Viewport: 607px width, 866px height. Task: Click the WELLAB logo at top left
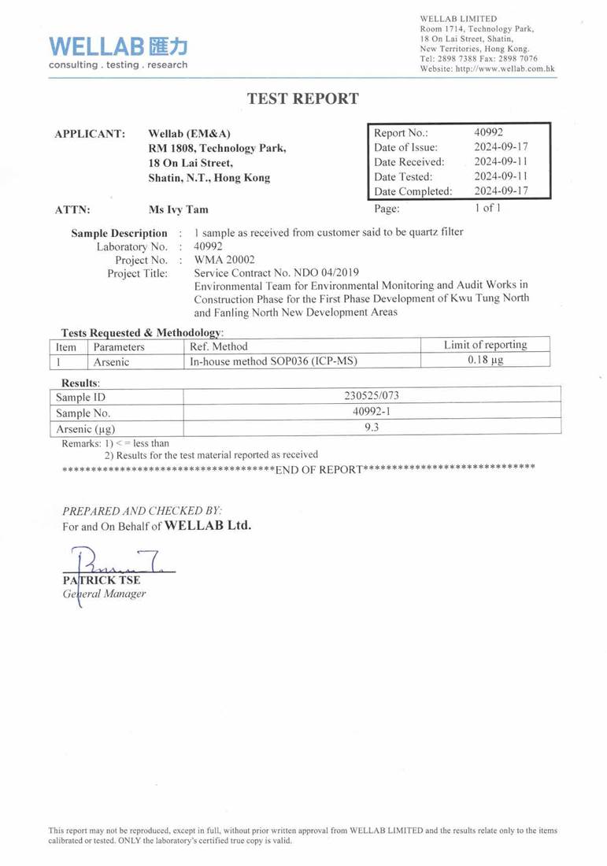pyautogui.click(x=118, y=51)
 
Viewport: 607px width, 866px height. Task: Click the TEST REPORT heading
pyautogui.click(x=303, y=98)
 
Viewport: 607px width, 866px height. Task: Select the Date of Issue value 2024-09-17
pyautogui.click(x=500, y=147)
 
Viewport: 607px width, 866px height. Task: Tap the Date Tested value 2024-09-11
pyautogui.click(x=500, y=176)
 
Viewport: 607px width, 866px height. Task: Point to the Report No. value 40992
pyautogui.click(x=488, y=132)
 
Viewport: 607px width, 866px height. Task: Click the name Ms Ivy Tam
pyautogui.click(x=179, y=210)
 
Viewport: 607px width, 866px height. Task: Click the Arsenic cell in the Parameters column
pyautogui.click(x=111, y=361)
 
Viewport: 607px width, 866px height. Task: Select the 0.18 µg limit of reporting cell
pyautogui.click(x=485, y=361)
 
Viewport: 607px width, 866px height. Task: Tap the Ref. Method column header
pyautogui.click(x=219, y=346)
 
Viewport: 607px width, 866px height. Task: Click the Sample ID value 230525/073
pyautogui.click(x=372, y=396)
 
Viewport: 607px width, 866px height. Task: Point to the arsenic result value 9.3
pyautogui.click(x=372, y=428)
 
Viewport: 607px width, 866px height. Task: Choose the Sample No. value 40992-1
pyautogui.click(x=372, y=412)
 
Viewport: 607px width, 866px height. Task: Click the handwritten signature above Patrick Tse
pyautogui.click(x=118, y=563)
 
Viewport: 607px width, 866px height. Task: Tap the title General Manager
pyautogui.click(x=104, y=594)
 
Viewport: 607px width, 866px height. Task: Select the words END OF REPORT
pyautogui.click(x=319, y=470)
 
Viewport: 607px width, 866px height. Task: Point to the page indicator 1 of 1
pyautogui.click(x=487, y=208)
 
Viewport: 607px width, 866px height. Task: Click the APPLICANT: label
pyautogui.click(x=90, y=134)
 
